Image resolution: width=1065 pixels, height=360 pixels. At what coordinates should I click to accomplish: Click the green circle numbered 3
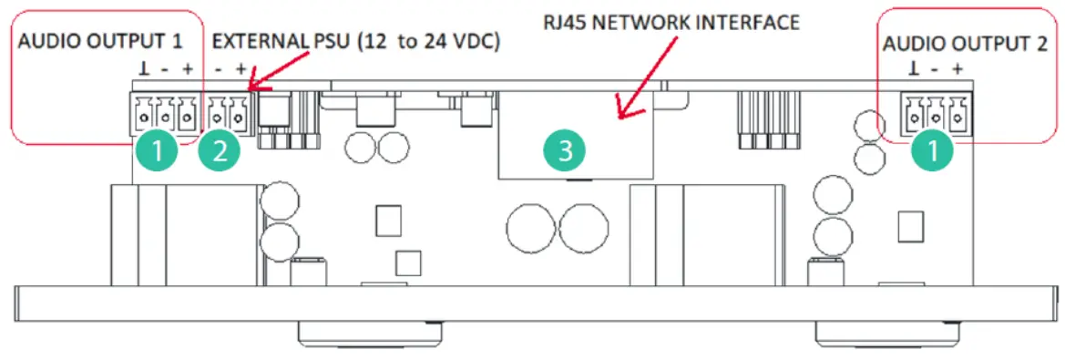pyautogui.click(x=565, y=151)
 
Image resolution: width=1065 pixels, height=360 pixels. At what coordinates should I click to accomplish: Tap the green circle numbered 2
pyautogui.click(x=220, y=151)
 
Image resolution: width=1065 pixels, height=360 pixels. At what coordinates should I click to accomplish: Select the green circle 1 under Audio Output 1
pyautogui.click(x=159, y=151)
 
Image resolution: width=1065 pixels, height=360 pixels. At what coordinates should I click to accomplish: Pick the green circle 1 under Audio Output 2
pyautogui.click(x=938, y=151)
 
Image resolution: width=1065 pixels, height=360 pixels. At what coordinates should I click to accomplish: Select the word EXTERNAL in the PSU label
pyautogui.click(x=260, y=42)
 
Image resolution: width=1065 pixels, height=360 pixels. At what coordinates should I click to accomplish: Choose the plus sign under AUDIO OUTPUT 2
pyautogui.click(x=957, y=69)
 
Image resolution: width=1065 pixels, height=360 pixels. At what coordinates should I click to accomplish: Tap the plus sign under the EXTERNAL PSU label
pyautogui.click(x=241, y=68)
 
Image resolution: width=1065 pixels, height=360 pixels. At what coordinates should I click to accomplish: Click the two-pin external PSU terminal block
pyautogui.click(x=228, y=115)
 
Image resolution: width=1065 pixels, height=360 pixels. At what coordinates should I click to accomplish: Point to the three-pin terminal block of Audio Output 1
pyautogui.click(x=165, y=115)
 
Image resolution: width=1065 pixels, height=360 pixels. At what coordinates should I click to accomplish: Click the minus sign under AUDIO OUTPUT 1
pyautogui.click(x=165, y=68)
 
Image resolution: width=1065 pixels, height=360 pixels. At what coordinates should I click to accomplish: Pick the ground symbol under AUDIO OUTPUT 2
pyautogui.click(x=914, y=69)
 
